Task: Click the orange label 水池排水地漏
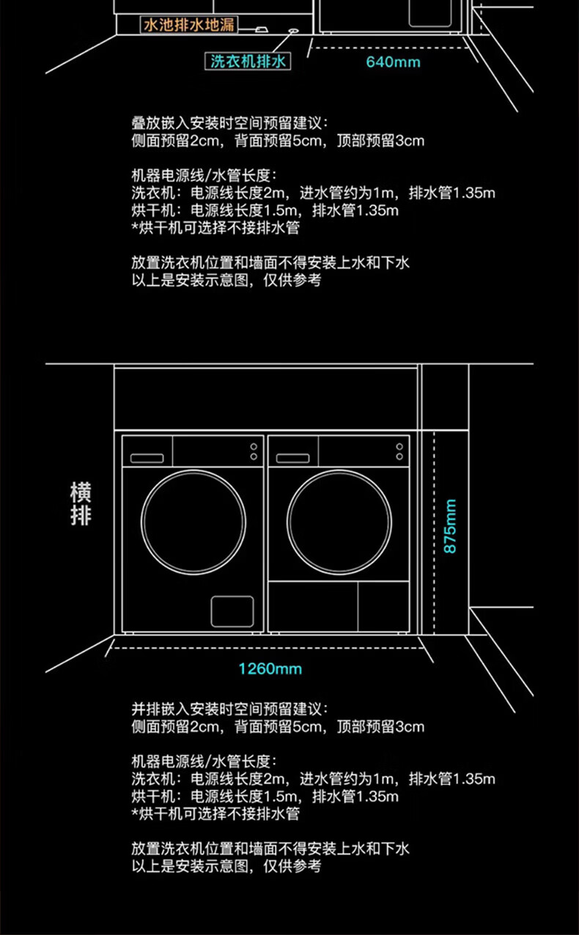click(188, 25)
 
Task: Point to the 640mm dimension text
click(394, 62)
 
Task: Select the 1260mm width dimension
click(270, 668)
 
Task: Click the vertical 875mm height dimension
click(450, 526)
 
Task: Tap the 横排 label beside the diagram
click(81, 503)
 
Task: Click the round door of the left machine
click(193, 522)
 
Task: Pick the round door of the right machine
click(338, 522)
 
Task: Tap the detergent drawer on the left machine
click(147, 458)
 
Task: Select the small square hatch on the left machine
click(232, 611)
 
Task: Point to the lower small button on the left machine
click(254, 457)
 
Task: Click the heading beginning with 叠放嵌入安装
click(229, 122)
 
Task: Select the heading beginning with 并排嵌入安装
click(229, 709)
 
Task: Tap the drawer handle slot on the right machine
click(293, 459)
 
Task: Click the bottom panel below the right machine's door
click(338, 605)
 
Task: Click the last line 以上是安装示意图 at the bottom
click(226, 866)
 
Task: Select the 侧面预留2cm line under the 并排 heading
click(278, 727)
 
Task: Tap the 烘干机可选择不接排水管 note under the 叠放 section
click(215, 228)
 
